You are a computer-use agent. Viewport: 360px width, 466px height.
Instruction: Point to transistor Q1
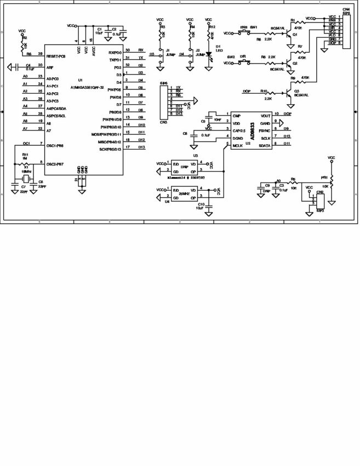coord(289,33)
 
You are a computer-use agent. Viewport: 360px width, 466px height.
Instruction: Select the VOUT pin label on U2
coord(265,116)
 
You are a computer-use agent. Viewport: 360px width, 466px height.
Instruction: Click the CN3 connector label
coord(163,122)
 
